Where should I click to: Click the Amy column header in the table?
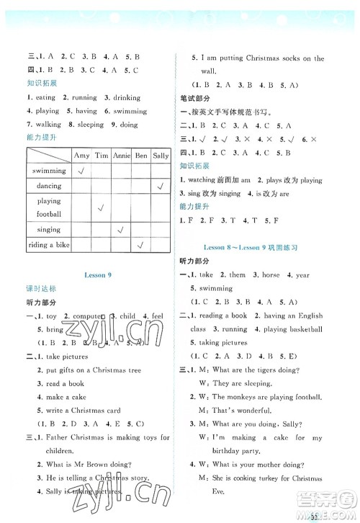tap(81, 156)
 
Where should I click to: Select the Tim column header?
tap(102, 156)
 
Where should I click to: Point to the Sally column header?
tap(160, 156)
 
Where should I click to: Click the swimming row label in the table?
tap(49, 171)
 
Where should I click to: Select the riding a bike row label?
tap(49, 245)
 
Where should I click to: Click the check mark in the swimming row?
tap(81, 171)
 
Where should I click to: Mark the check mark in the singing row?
tap(121, 229)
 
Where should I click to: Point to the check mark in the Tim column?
tap(102, 207)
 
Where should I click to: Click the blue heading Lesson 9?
tap(96, 274)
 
